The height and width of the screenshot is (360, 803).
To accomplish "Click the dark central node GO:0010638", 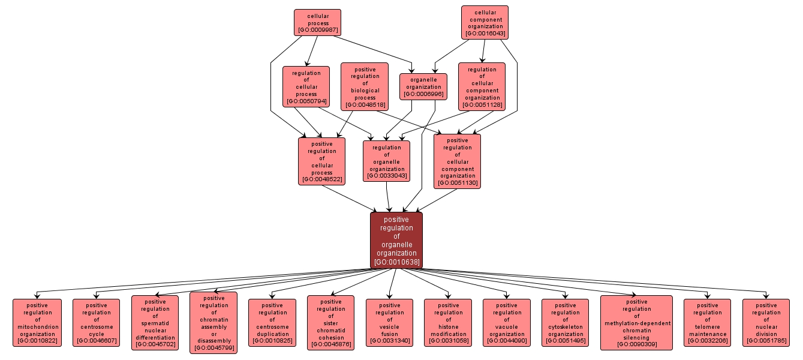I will pyautogui.click(x=396, y=240).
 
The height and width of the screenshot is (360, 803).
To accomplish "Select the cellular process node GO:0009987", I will pyautogui.click(x=317, y=22).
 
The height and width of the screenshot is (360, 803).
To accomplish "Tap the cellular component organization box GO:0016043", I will pyautogui.click(x=485, y=22).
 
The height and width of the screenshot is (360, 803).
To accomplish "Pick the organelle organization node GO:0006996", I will pyautogui.click(x=423, y=86).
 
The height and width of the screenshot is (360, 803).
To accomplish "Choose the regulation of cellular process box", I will pyautogui.click(x=306, y=86).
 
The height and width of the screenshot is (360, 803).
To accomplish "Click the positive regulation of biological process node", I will pyautogui.click(x=365, y=86).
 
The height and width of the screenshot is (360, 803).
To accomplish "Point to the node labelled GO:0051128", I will pyautogui.click(x=482, y=86).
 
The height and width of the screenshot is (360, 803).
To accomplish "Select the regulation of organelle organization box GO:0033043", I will pyautogui.click(x=386, y=161).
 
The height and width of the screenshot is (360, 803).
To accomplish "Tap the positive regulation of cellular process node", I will pyautogui.click(x=321, y=161).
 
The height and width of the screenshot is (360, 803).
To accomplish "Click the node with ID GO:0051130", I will pyautogui.click(x=457, y=161).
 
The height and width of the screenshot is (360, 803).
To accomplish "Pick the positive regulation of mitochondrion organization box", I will pyautogui.click(x=37, y=323).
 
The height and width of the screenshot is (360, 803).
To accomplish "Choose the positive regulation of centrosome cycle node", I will pyautogui.click(x=96, y=323).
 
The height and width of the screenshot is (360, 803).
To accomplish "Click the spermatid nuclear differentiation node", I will pyautogui.click(x=155, y=323).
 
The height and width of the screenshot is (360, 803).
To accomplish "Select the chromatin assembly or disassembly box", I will pyautogui.click(x=213, y=323).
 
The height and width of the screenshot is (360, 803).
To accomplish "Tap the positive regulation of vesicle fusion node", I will pyautogui.click(x=389, y=323).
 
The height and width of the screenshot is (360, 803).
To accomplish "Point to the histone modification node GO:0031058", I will pyautogui.click(x=448, y=323).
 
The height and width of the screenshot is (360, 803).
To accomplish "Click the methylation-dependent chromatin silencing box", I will pyautogui.click(x=636, y=323).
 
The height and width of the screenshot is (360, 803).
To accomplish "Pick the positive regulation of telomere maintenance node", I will pyautogui.click(x=707, y=323).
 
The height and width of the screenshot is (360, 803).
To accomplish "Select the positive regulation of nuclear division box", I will pyautogui.click(x=766, y=323).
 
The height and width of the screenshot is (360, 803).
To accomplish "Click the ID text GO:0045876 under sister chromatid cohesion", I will pyautogui.click(x=330, y=344).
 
